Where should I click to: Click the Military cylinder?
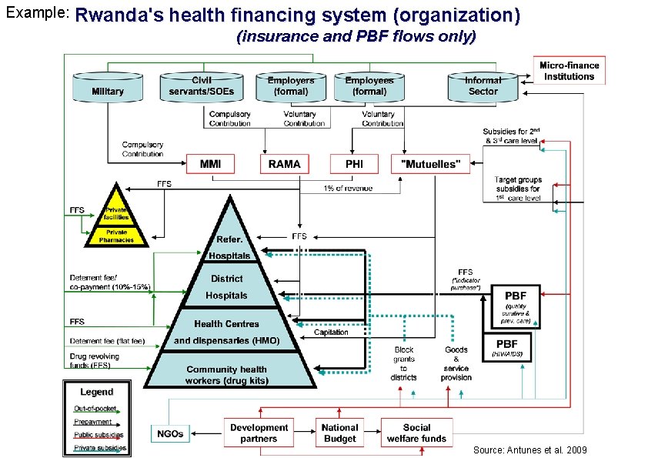(108, 88)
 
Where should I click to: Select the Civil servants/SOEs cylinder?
(202, 87)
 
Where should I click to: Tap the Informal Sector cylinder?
(483, 87)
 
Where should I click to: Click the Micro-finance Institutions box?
(569, 71)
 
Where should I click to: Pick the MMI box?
(210, 163)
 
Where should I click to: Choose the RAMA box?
(285, 163)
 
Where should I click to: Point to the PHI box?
(354, 163)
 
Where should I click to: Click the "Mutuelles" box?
(430, 163)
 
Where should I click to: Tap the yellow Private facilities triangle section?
(116, 212)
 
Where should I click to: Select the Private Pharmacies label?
(116, 236)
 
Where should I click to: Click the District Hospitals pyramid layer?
(227, 286)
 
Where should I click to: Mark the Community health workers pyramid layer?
(227, 374)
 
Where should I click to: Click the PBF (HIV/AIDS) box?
(506, 347)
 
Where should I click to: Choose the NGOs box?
(170, 433)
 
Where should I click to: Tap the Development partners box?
(259, 433)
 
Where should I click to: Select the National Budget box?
(339, 433)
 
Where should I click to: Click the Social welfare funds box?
(416, 433)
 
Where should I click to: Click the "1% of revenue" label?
(348, 189)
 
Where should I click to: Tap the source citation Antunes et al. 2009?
(529, 449)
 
